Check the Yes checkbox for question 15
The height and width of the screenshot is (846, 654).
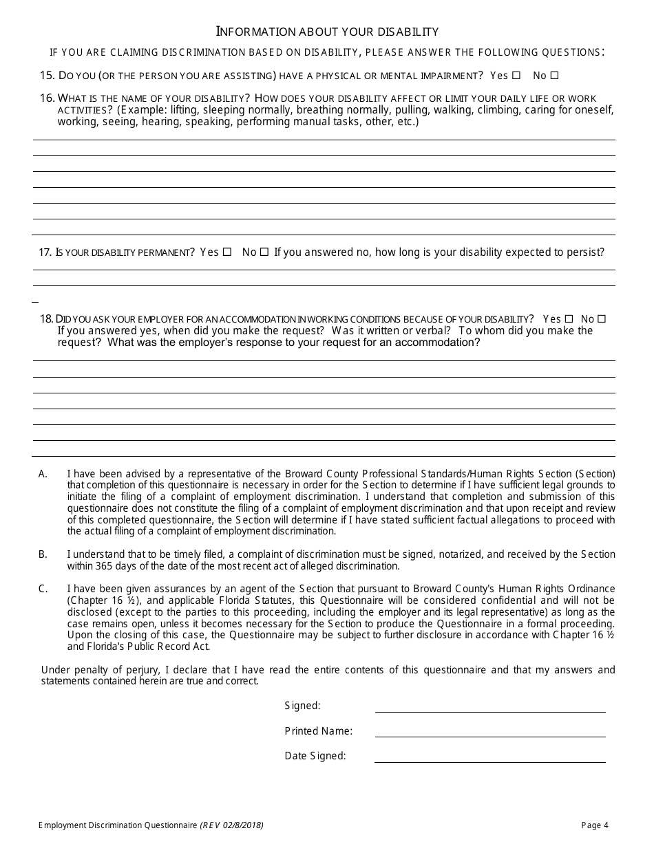pyautogui.click(x=516, y=76)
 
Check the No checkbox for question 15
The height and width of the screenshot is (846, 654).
pyautogui.click(x=555, y=76)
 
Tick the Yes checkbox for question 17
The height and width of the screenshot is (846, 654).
pyautogui.click(x=227, y=252)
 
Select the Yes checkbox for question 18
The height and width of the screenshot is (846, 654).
pyautogui.click(x=569, y=319)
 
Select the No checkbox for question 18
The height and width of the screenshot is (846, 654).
pyautogui.click(x=602, y=319)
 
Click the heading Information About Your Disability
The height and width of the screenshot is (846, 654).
pyautogui.click(x=327, y=32)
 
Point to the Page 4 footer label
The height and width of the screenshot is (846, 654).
pyautogui.click(x=595, y=825)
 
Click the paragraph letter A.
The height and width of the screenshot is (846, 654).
pyautogui.click(x=43, y=474)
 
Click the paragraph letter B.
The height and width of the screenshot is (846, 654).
pyautogui.click(x=43, y=554)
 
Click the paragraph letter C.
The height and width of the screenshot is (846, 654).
pyautogui.click(x=43, y=589)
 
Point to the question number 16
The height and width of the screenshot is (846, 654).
pyautogui.click(x=47, y=98)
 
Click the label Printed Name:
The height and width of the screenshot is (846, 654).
pyautogui.click(x=318, y=731)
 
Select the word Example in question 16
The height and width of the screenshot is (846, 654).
pyautogui.click(x=141, y=110)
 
